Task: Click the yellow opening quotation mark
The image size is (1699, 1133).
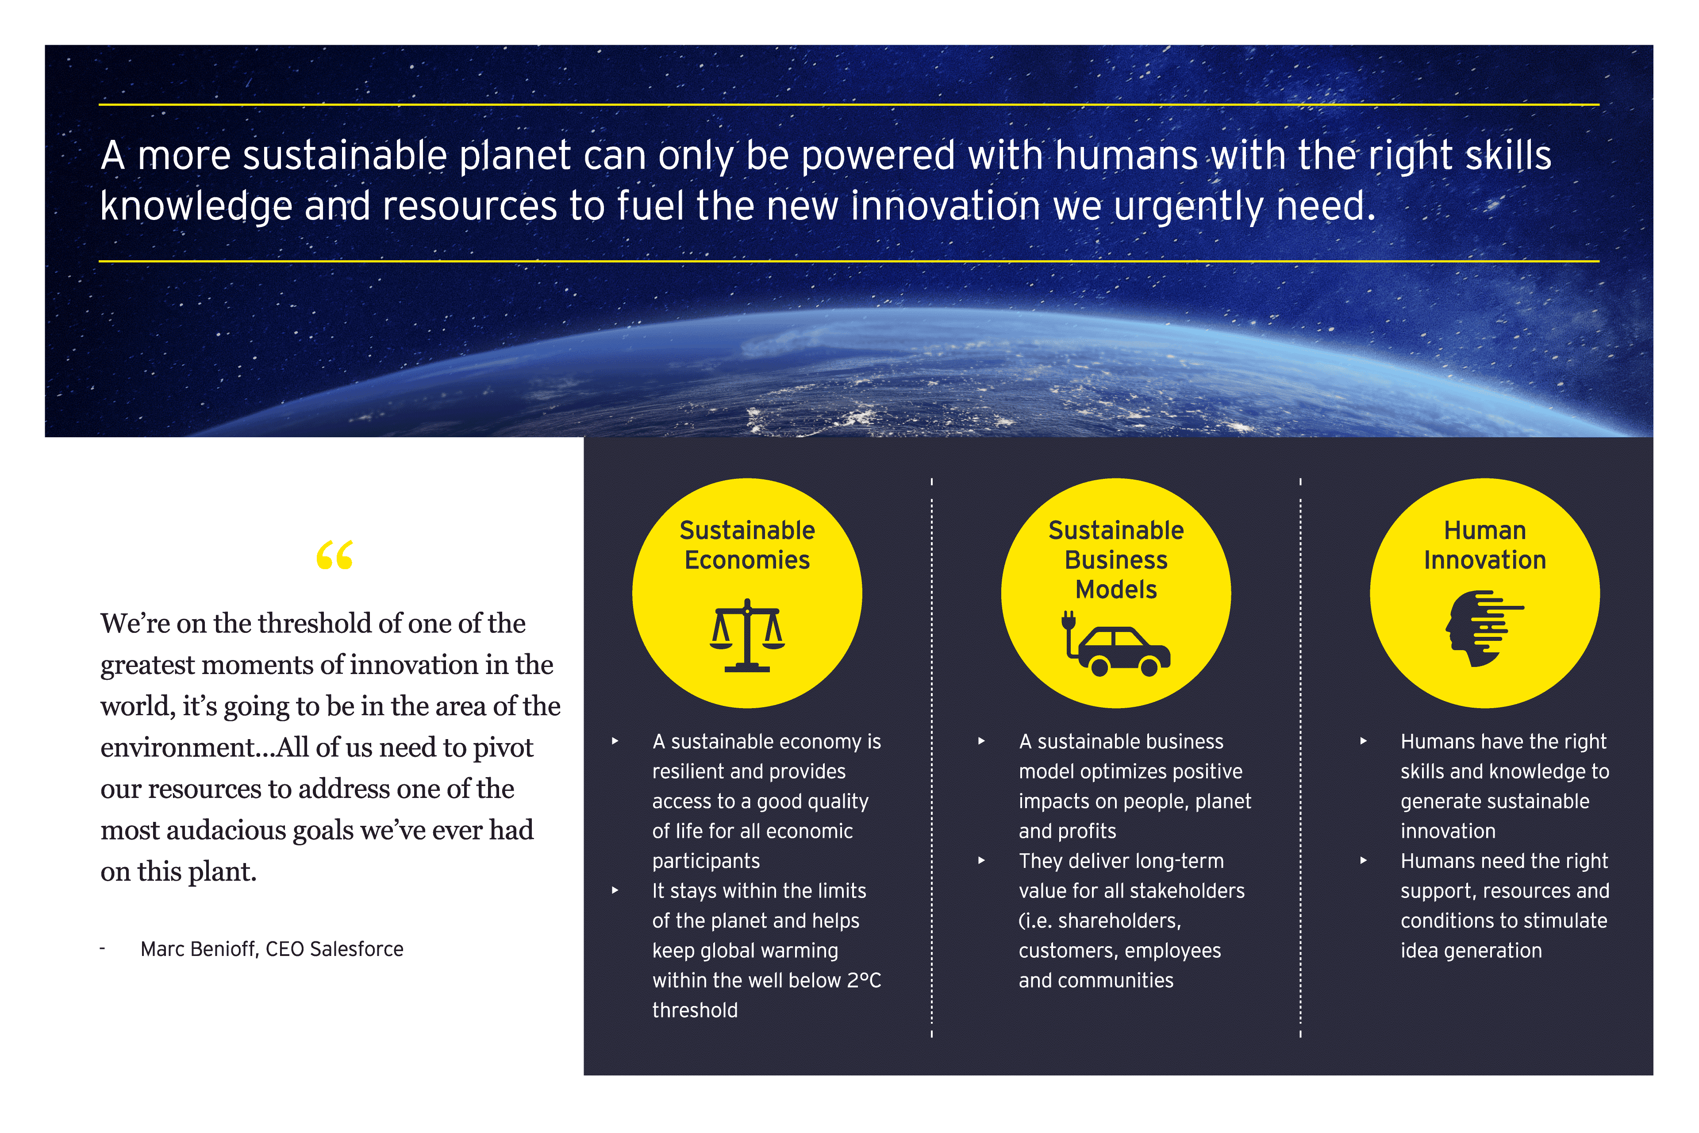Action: click(x=334, y=555)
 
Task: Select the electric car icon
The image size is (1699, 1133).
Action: click(x=1115, y=643)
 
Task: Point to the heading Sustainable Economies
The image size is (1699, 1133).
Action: click(x=747, y=545)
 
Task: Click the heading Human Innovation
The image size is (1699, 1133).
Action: click(x=1484, y=545)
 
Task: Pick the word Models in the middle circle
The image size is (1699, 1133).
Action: click(x=1116, y=590)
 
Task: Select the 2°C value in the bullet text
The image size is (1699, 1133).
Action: click(x=864, y=981)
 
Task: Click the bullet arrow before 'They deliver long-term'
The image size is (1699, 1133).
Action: click(x=981, y=860)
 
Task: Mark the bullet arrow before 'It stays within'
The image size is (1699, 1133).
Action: click(x=615, y=890)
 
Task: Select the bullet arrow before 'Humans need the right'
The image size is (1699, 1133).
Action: click(x=1363, y=860)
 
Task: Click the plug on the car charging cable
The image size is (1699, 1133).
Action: click(x=1069, y=620)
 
